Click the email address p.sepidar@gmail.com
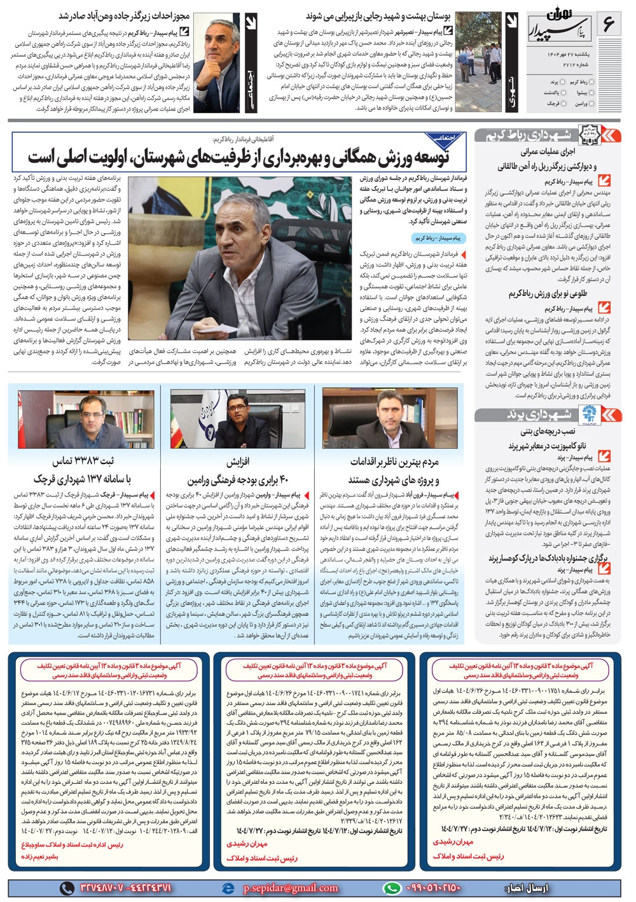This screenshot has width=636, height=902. [290, 887]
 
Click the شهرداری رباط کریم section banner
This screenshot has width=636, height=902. [548, 135]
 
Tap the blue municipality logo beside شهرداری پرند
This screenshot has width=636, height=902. [584, 415]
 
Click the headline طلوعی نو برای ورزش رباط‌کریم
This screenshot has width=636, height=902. [547, 294]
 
